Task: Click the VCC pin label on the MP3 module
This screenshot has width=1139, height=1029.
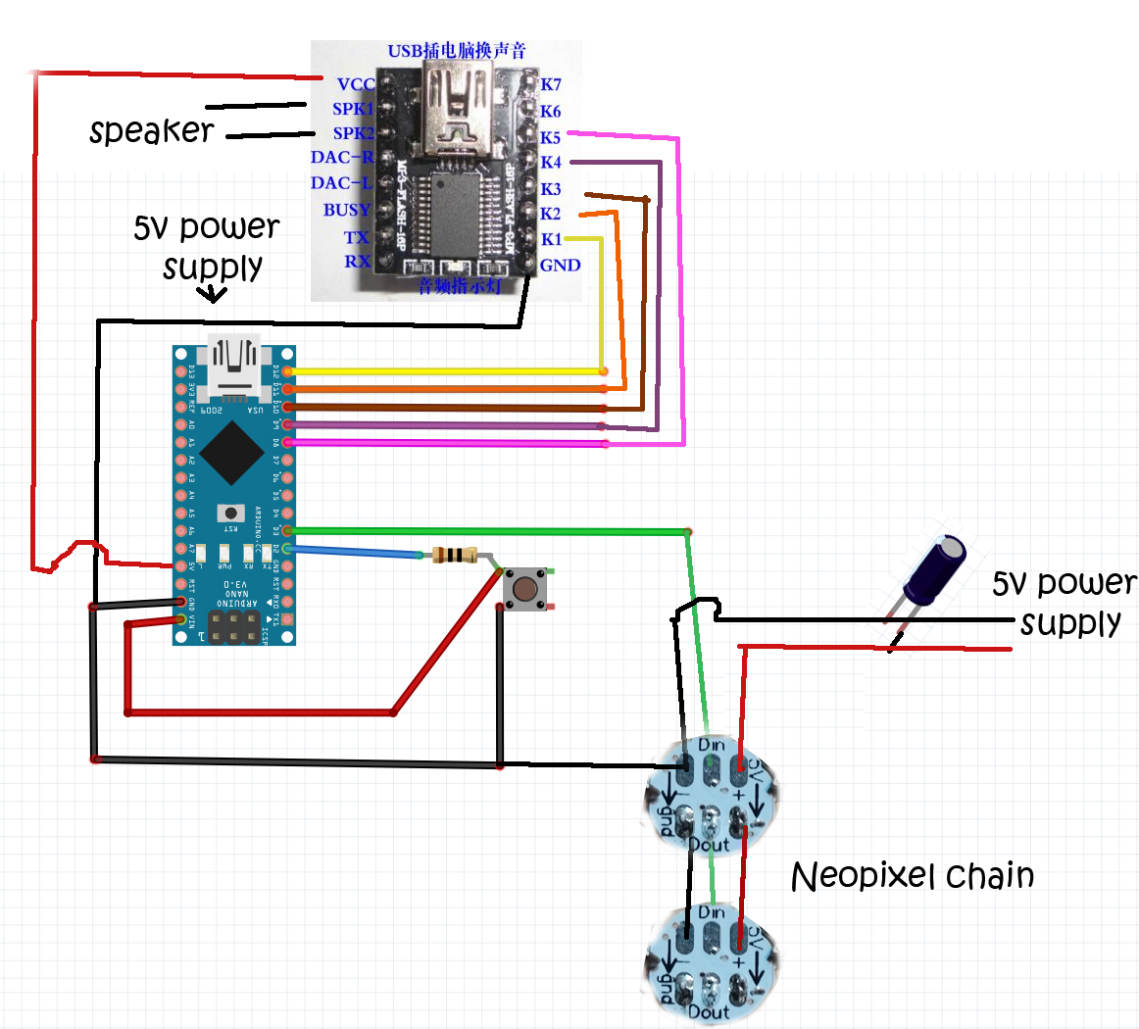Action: pos(356,84)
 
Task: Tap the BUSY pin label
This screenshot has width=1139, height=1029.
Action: pos(347,210)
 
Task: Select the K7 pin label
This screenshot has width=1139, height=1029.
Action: pos(551,85)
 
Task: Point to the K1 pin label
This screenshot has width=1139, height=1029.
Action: pos(551,239)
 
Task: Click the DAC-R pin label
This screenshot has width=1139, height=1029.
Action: pos(342,158)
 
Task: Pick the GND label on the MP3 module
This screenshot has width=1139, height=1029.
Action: pos(560,266)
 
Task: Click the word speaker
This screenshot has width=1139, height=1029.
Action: pos(151,130)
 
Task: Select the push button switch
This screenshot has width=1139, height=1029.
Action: pos(525,589)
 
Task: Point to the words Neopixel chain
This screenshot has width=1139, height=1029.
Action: pos(912,876)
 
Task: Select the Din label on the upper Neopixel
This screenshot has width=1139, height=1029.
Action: pos(712,746)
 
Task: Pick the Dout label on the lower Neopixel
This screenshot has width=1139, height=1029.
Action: pos(709,1011)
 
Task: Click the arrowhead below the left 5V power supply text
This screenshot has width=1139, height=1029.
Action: pos(213,294)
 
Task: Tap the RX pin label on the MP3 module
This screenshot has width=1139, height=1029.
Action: pos(357,262)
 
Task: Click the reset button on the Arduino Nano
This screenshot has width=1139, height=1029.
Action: pos(231,513)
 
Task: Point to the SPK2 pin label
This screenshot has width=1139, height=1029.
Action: pos(353,133)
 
